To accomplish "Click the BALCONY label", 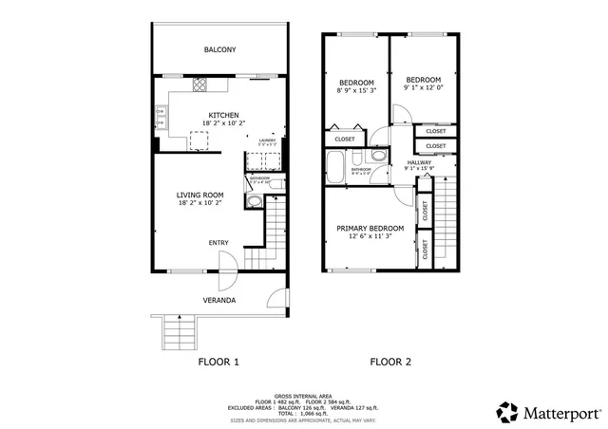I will (x=218, y=49).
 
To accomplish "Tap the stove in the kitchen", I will (x=201, y=84).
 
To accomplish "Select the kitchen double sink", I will (x=159, y=117).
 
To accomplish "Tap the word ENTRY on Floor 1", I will (x=218, y=242).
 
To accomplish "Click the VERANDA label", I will (x=218, y=301).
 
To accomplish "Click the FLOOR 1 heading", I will (x=218, y=362).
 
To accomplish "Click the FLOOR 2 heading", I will (x=390, y=362).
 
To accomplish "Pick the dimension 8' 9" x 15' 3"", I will (x=356, y=92).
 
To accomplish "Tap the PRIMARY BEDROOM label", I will (x=370, y=228).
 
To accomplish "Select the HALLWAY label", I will (x=419, y=162).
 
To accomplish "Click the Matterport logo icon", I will (x=507, y=411).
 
